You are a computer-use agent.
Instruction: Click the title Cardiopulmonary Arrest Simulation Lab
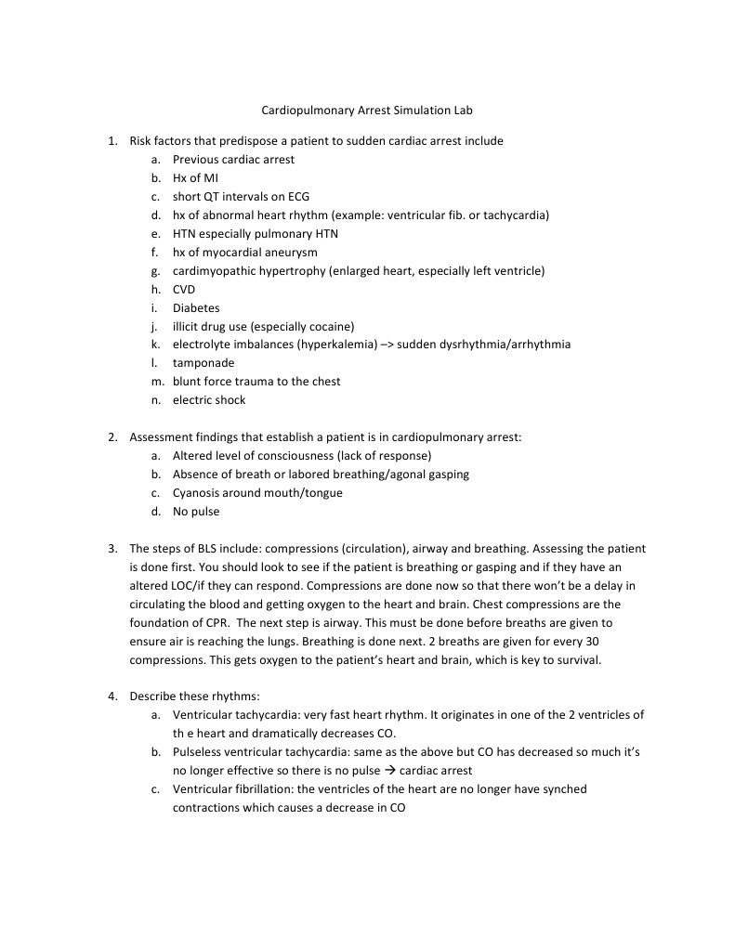(367, 110)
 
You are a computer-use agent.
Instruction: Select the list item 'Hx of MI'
(195, 178)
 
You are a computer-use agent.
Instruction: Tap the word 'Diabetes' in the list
(196, 307)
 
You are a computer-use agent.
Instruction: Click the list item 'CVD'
(184, 289)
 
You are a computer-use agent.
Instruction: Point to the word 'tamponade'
(203, 363)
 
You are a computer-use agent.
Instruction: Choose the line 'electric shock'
(209, 400)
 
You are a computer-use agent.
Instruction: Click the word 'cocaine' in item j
(330, 326)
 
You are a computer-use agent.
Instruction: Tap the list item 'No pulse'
(196, 511)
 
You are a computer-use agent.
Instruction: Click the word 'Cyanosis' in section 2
(196, 492)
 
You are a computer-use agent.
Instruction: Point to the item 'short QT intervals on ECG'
(241, 197)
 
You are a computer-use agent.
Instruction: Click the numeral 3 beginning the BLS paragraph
(112, 548)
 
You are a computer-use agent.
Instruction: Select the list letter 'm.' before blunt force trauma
(155, 382)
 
